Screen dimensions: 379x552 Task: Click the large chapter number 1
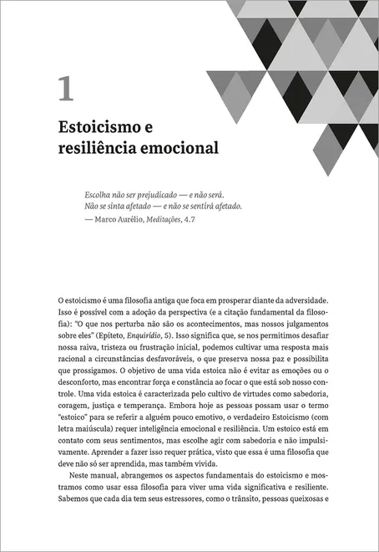click(x=66, y=88)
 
